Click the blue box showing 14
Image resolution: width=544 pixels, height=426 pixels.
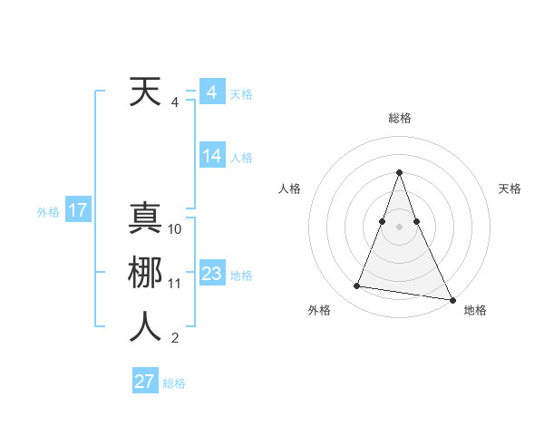(x=212, y=156)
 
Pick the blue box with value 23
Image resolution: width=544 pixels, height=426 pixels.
(x=212, y=274)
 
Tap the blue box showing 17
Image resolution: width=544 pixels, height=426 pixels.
(x=77, y=211)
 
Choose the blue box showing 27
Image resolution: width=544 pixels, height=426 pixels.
(x=145, y=382)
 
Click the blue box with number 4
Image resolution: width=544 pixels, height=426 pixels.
(x=211, y=92)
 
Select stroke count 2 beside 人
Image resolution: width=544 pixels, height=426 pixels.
(x=175, y=338)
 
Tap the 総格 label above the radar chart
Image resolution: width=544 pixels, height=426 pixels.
(x=400, y=118)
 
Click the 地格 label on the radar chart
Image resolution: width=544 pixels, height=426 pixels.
(x=475, y=310)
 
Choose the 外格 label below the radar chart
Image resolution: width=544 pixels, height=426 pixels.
(x=319, y=310)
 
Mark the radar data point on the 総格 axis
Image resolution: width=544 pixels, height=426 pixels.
(x=399, y=171)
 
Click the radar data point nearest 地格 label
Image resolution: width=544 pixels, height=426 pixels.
(x=452, y=299)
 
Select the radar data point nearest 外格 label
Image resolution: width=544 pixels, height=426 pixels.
(x=357, y=286)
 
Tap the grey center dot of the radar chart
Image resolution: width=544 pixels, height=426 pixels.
(x=399, y=227)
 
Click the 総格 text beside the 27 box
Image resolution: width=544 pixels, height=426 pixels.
(x=174, y=383)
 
